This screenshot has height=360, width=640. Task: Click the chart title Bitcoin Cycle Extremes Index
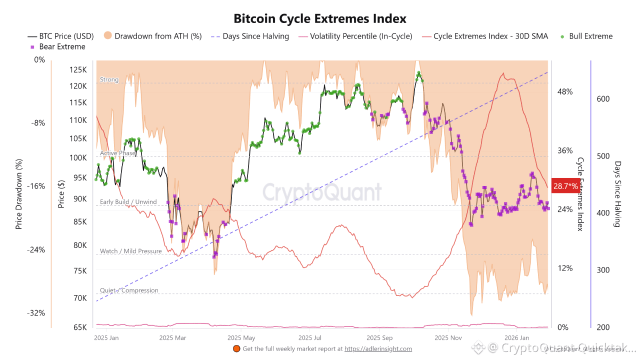320,19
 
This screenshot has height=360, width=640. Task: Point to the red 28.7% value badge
565,186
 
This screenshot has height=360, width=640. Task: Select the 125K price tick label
79,69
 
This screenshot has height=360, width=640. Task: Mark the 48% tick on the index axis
565,92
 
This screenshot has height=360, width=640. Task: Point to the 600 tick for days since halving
603,99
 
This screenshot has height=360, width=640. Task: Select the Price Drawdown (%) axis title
19,194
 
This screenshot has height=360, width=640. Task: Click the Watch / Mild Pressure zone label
130,251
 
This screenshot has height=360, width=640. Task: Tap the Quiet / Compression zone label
129,290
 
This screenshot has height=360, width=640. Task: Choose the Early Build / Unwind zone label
128,202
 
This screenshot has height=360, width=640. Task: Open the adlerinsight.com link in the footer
378,349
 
